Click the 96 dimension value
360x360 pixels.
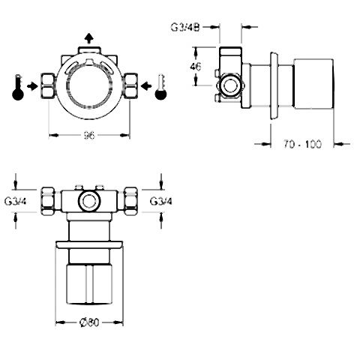88,136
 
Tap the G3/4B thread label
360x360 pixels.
185,27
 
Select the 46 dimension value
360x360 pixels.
196,67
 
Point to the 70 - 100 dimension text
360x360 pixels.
302,144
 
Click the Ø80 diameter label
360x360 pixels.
89,322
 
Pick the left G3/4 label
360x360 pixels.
16,201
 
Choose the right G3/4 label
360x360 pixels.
161,201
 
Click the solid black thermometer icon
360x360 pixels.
18,88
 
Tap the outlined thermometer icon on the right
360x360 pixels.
160,87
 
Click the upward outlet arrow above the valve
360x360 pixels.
88,39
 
